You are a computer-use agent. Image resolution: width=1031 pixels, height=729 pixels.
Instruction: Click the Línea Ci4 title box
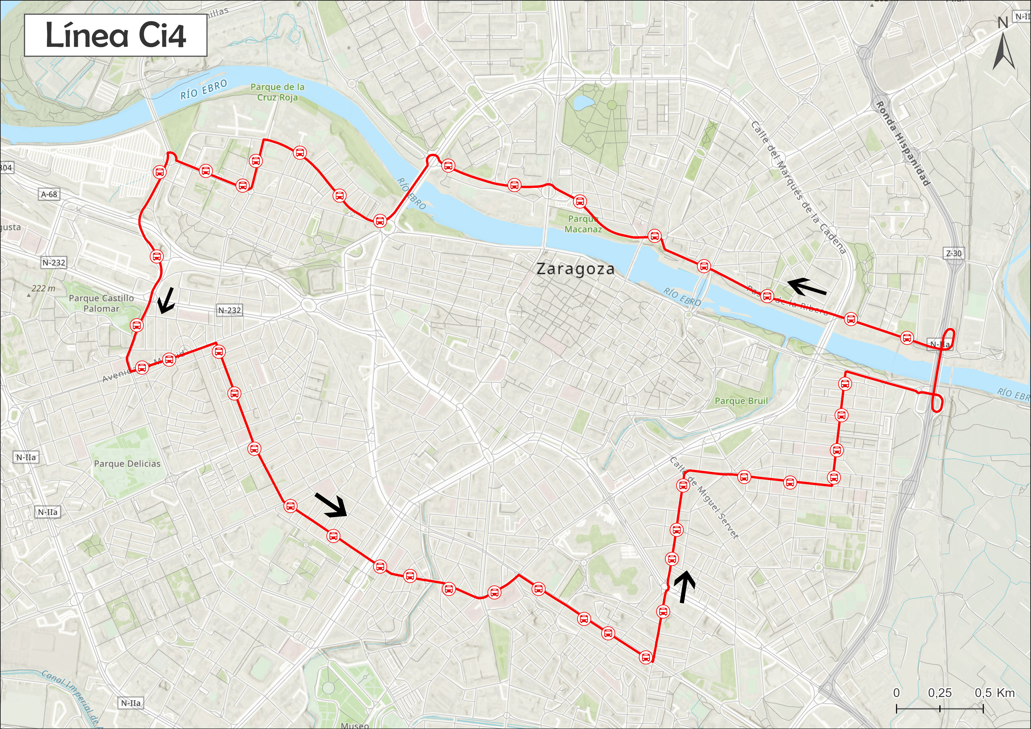116,36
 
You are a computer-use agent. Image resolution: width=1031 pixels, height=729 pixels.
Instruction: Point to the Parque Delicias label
127,464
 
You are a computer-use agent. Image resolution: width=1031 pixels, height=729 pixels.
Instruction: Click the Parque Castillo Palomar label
101,303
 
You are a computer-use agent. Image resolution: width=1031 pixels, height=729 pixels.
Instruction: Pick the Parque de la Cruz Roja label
277,92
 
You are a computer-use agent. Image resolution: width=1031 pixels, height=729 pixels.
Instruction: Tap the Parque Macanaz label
583,224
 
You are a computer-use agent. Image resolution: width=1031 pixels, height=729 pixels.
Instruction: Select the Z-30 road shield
954,253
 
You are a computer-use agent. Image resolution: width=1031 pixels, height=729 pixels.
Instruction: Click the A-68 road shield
49,195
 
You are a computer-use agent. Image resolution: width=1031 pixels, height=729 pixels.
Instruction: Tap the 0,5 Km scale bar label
995,693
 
